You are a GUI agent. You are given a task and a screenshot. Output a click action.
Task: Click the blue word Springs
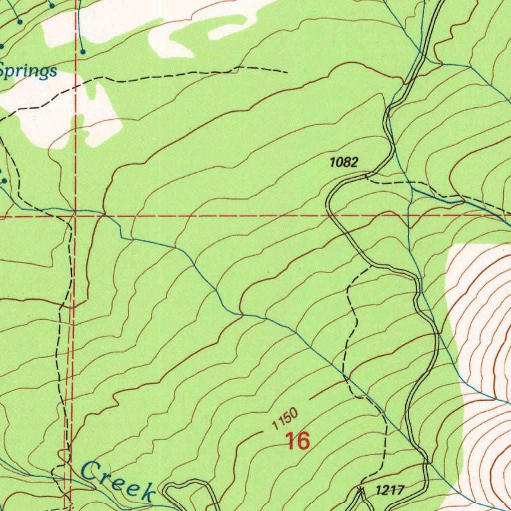[x=28, y=71]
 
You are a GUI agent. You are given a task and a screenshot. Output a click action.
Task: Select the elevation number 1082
[x=343, y=162]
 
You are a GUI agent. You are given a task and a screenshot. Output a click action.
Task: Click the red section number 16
[x=297, y=441]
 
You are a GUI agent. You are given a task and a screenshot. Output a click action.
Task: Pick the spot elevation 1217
[x=389, y=490]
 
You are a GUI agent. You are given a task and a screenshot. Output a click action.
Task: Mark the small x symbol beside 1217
[x=360, y=490]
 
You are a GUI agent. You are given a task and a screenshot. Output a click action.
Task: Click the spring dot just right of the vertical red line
[x=83, y=51]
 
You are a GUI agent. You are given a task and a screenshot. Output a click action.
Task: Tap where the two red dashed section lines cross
[x=74, y=216]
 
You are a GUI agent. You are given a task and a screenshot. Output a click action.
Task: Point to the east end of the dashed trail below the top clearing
[x=287, y=72]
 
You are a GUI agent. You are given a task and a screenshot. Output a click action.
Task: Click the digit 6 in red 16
[x=303, y=441]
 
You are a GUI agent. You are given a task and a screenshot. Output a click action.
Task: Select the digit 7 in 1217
[x=399, y=490]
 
